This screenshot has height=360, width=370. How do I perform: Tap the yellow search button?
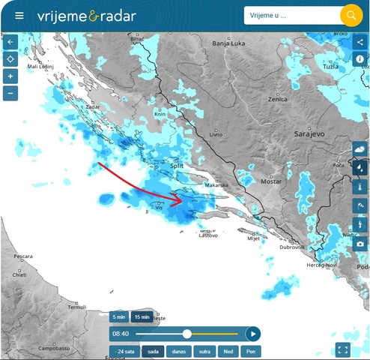tap(351, 15)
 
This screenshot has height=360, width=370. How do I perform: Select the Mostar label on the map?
tap(270, 181)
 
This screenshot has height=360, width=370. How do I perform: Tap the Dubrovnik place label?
tap(291, 247)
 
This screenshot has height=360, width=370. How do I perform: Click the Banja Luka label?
tap(229, 43)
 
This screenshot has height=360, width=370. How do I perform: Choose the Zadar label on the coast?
tap(93, 107)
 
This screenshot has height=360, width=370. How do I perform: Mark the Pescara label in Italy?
tap(22, 256)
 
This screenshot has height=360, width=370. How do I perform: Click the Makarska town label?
tap(216, 184)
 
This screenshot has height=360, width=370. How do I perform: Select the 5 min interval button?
tap(120, 317)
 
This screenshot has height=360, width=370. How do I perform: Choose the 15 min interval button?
tap(142, 317)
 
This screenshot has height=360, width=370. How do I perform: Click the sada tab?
tap(153, 351)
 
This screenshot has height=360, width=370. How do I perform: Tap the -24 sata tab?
tap(124, 351)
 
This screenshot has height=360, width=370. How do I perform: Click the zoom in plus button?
tap(10, 76)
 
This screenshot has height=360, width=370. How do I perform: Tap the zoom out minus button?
tap(10, 94)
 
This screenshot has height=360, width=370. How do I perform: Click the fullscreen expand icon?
tap(343, 349)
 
